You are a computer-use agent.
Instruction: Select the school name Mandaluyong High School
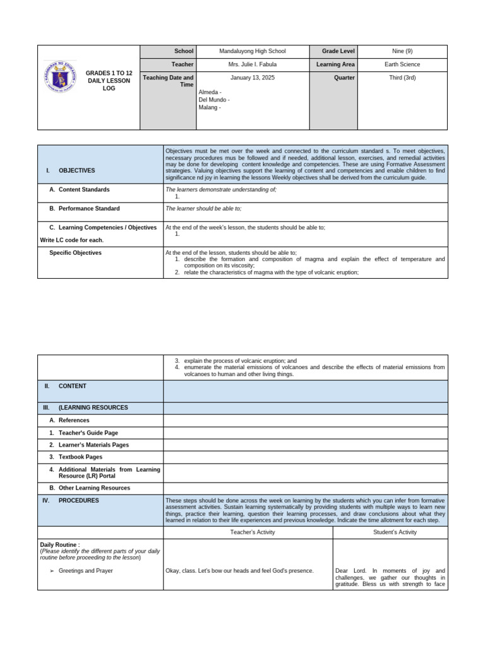tap(252, 51)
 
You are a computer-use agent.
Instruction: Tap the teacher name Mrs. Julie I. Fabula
tap(252, 64)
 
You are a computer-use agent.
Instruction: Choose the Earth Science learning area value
tap(402, 64)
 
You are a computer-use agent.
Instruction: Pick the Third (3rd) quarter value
tap(402, 78)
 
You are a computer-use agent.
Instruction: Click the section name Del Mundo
tap(213, 100)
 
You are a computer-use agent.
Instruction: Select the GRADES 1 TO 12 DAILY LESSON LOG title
tap(109, 81)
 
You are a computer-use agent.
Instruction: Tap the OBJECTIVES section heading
tap(76, 170)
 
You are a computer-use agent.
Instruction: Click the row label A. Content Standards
tap(83, 189)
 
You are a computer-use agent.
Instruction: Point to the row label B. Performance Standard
tap(88, 208)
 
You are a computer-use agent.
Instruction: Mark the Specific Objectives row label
tap(75, 253)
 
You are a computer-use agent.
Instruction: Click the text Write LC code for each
tap(71, 240)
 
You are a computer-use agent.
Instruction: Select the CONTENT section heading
tap(73, 386)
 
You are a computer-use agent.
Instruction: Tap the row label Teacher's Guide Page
tap(88, 433)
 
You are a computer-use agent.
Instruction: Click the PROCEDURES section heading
tap(78, 500)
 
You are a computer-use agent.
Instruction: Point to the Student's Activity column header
tap(390, 532)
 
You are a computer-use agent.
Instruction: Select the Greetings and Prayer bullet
tap(85, 570)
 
